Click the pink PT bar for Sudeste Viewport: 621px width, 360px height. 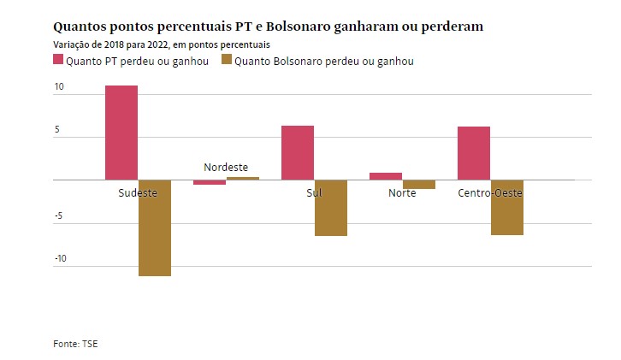pos(121,133)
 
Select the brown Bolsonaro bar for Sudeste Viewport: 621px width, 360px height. pos(155,227)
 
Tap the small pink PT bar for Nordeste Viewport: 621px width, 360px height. pos(210,182)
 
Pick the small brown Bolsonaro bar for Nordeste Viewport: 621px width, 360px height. pos(243,178)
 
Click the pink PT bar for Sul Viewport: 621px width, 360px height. pos(298,152)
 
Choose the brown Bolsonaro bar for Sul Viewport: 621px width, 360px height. pos(331,208)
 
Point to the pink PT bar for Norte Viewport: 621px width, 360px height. pos(386,176)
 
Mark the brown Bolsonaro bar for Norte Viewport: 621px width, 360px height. pos(419,184)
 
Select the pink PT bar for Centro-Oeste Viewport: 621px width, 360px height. pos(474,153)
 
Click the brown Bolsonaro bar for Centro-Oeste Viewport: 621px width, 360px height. pos(507,207)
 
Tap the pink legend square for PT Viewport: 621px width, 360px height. pos(59,60)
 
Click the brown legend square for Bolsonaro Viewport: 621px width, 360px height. pos(227,60)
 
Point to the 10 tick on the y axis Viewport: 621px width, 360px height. pos(59,87)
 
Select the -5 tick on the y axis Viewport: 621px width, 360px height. pos(59,216)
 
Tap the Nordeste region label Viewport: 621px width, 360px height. pos(226,168)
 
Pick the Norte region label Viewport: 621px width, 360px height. pos(402,193)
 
